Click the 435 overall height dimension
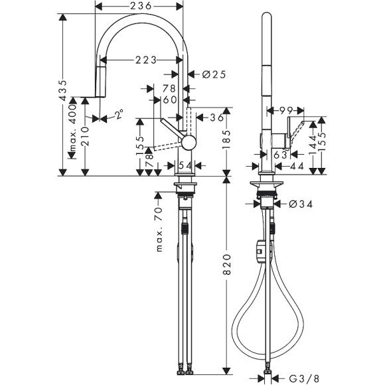click(64, 91)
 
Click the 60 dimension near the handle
click(169, 100)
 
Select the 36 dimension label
click(216, 118)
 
